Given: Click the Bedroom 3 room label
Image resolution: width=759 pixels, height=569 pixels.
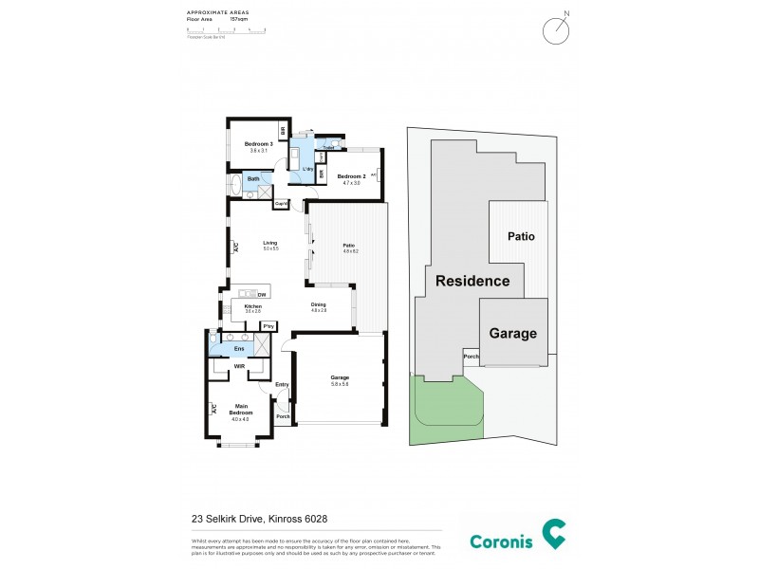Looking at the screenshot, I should [x=251, y=144].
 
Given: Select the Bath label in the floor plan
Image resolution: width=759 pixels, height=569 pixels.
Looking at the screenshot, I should [x=253, y=178].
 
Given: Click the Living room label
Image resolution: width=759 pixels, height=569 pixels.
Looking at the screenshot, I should [x=269, y=243].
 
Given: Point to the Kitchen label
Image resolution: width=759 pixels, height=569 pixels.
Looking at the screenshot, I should [x=252, y=306].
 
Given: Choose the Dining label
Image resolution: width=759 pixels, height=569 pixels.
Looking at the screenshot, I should [x=318, y=304].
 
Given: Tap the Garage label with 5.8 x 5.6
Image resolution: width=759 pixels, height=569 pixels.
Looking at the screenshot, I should [x=340, y=376].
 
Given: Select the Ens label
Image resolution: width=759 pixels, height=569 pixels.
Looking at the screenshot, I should [x=238, y=349].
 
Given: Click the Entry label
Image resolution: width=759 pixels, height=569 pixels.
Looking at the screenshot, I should [x=282, y=384].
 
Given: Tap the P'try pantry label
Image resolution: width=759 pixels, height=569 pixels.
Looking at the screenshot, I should [x=269, y=326].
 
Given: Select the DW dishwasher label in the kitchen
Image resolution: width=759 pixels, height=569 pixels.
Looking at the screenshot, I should [x=261, y=295].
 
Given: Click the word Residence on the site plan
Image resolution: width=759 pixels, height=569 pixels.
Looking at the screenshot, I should [x=472, y=281].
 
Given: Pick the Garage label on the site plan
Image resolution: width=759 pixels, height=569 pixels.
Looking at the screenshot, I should [x=512, y=333].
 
